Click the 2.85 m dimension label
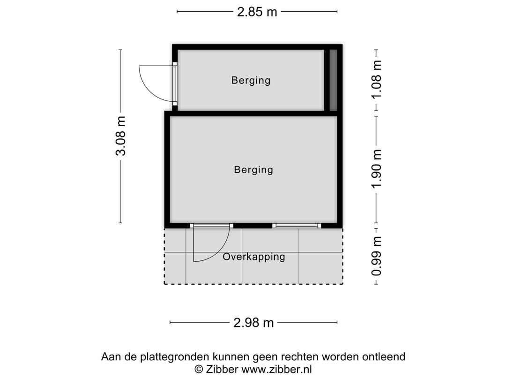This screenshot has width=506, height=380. pos(257,12)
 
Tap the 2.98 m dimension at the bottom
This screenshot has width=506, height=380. pos(253,323)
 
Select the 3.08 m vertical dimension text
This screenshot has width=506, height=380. pos(121,136)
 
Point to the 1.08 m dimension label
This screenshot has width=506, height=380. pos(376,80)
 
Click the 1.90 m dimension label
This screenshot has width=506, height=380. pos(376,169)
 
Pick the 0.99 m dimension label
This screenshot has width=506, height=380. pos(376,256)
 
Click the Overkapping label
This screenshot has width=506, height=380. pos(253,257)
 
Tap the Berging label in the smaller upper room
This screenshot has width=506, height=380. pos(251,80)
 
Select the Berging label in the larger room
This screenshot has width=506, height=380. pos(253,169)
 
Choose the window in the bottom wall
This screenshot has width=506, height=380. pos(297,226)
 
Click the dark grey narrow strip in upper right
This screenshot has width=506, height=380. pos(333,80)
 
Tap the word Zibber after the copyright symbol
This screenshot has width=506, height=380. pos(223,369)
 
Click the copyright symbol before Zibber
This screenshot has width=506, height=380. pos(199,369)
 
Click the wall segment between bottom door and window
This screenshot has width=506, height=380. pos(253,226)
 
